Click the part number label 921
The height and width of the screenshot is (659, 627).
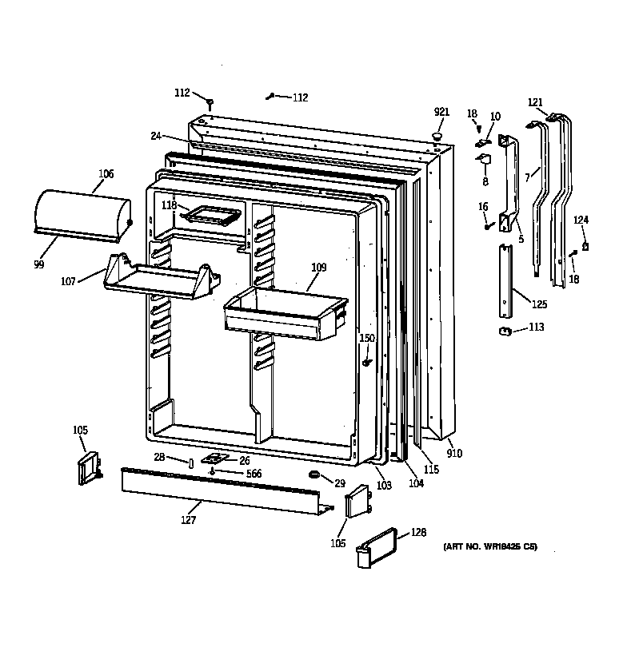(x=441, y=112)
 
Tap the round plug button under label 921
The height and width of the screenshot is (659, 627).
(x=438, y=137)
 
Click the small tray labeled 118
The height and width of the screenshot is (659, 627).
(x=211, y=214)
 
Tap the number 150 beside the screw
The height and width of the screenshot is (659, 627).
(x=366, y=338)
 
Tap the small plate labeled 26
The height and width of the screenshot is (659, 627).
(x=214, y=459)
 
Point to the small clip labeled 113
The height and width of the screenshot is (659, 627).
(x=505, y=331)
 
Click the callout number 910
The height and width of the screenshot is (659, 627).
(x=454, y=454)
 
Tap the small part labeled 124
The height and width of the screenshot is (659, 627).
(x=585, y=246)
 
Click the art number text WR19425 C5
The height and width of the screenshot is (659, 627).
(x=490, y=547)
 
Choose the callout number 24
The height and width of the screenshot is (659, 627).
(x=155, y=136)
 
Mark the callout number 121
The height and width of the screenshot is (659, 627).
(x=535, y=102)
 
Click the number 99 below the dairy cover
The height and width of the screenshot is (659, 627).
(x=38, y=264)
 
